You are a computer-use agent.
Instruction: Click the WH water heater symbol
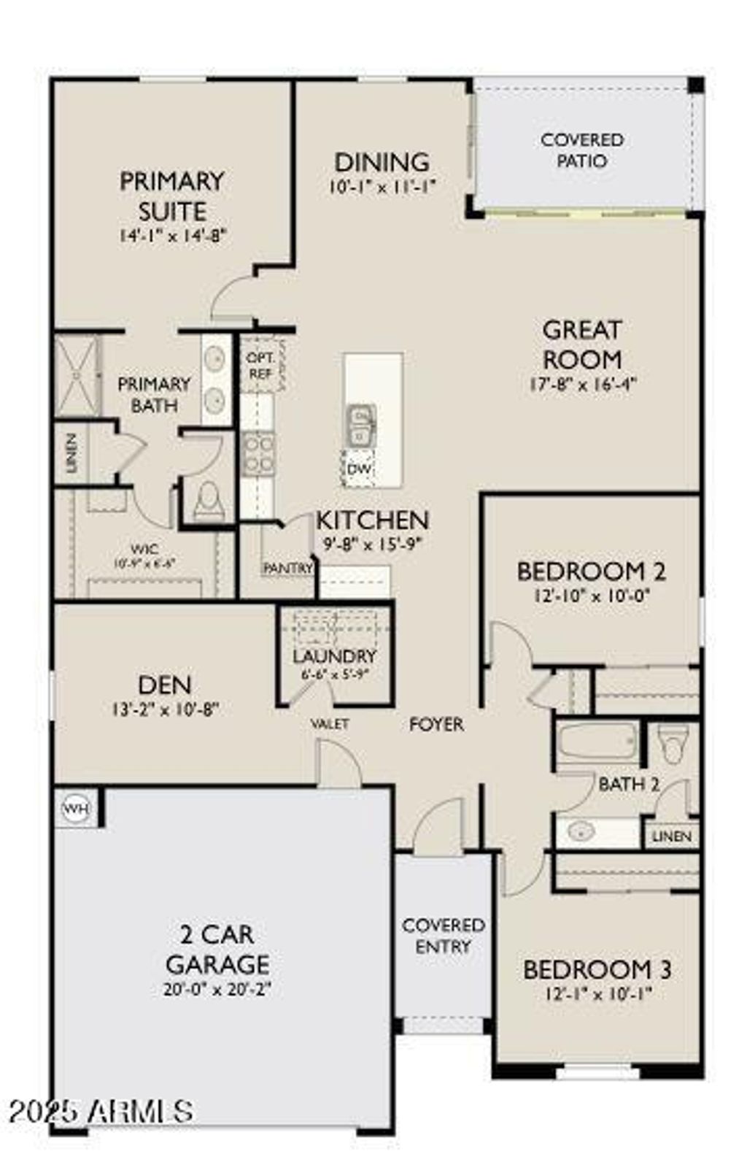(x=73, y=808)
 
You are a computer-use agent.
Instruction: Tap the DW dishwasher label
(x=358, y=469)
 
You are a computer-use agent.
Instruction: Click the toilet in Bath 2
(x=668, y=742)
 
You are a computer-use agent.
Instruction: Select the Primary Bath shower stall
(x=77, y=377)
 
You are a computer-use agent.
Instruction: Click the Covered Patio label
(x=582, y=150)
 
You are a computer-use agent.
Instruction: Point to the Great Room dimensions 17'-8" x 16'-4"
(x=583, y=384)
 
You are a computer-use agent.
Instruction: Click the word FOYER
(x=436, y=724)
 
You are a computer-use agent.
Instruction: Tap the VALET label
(x=330, y=724)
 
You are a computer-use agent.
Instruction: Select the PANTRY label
(x=287, y=567)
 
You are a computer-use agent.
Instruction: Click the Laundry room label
(x=334, y=656)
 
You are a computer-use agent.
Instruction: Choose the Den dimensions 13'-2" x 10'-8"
(x=165, y=709)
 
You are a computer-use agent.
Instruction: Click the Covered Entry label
(x=444, y=935)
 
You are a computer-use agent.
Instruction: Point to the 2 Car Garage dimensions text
(x=217, y=990)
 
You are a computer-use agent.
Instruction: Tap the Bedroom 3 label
(x=597, y=969)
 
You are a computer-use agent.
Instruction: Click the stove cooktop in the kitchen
(x=259, y=453)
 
